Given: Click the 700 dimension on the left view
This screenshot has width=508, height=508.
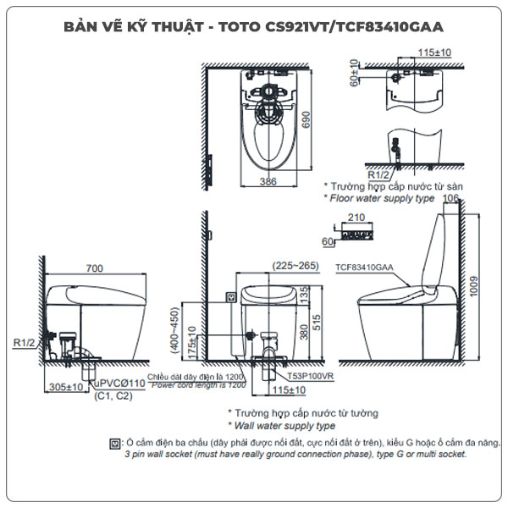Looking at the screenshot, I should pyautogui.click(x=94, y=268).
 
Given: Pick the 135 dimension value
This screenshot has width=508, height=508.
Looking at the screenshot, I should pyautogui.click(x=304, y=294).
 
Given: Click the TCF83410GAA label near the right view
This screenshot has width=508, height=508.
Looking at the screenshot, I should pyautogui.click(x=364, y=266).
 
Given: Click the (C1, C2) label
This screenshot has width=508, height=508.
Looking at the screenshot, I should pyautogui.click(x=111, y=396).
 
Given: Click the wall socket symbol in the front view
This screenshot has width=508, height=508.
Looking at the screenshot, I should pyautogui.click(x=230, y=297).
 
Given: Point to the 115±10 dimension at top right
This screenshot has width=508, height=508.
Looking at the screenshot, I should pyautogui.click(x=434, y=52).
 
